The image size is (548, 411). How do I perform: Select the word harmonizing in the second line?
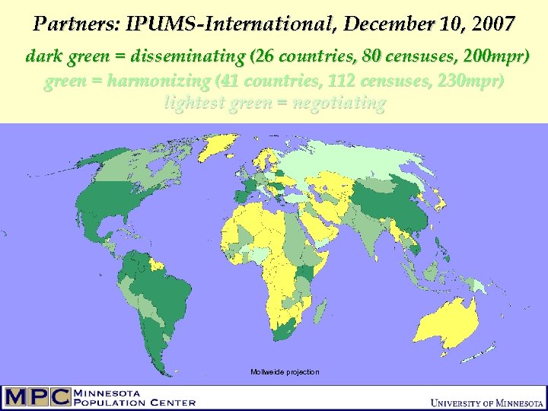160,81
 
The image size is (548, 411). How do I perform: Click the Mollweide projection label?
285,371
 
